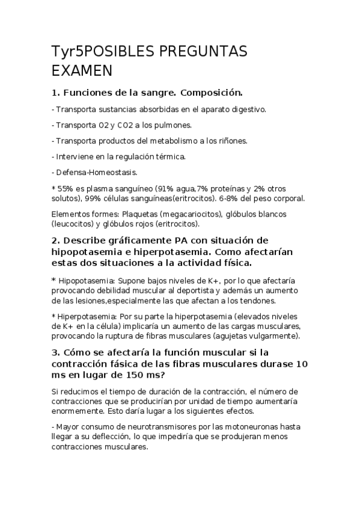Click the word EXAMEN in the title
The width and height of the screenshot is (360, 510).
coord(82,71)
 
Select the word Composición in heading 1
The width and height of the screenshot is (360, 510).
coord(211,93)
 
